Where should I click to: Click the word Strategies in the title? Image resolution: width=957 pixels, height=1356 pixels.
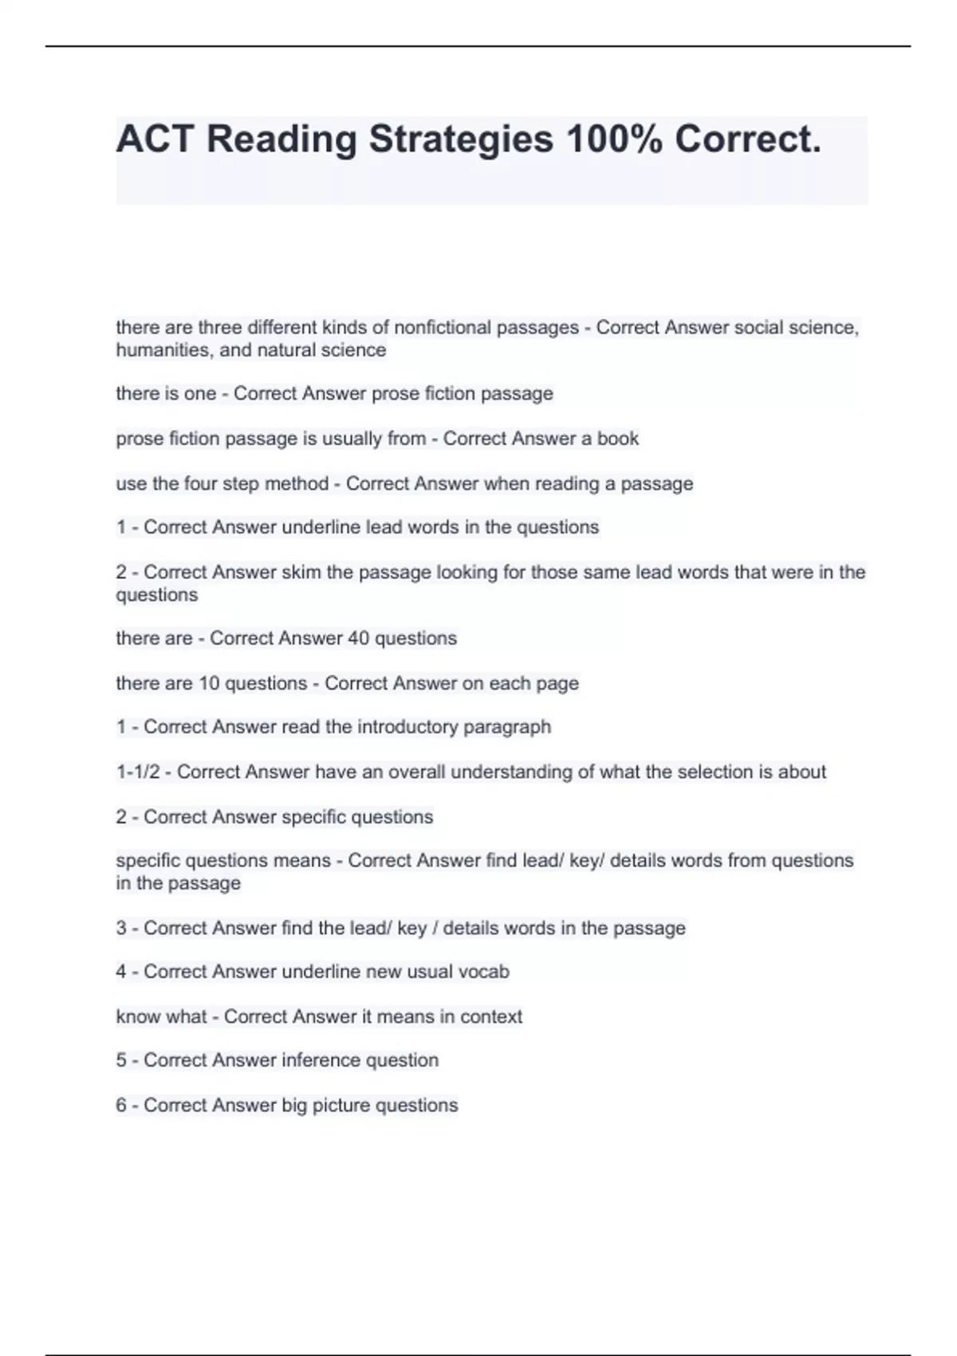460,140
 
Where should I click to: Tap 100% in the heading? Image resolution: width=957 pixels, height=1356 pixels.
613,140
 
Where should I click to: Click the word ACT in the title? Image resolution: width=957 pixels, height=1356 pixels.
155,140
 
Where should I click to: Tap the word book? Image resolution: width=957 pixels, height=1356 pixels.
618,439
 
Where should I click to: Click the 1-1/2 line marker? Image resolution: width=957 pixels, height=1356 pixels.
137,772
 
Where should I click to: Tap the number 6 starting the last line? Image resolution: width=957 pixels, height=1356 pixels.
121,1106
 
